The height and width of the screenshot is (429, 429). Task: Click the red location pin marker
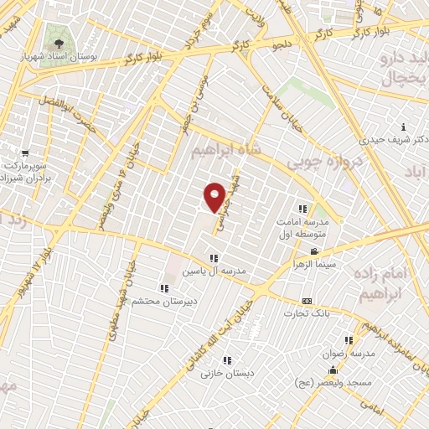215,196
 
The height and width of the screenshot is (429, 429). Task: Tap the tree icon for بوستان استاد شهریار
59,44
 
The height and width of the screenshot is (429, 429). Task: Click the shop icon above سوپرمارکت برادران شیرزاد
25,153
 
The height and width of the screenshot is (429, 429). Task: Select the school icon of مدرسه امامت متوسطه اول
303,209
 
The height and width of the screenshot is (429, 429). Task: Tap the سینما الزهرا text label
314,262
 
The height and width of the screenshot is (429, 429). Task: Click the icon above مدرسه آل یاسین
214,258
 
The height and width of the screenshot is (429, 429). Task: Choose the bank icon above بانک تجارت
307,301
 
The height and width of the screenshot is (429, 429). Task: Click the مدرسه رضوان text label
346,354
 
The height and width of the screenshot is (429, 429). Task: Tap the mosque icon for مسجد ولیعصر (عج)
334,370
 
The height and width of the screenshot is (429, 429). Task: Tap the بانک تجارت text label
308,313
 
